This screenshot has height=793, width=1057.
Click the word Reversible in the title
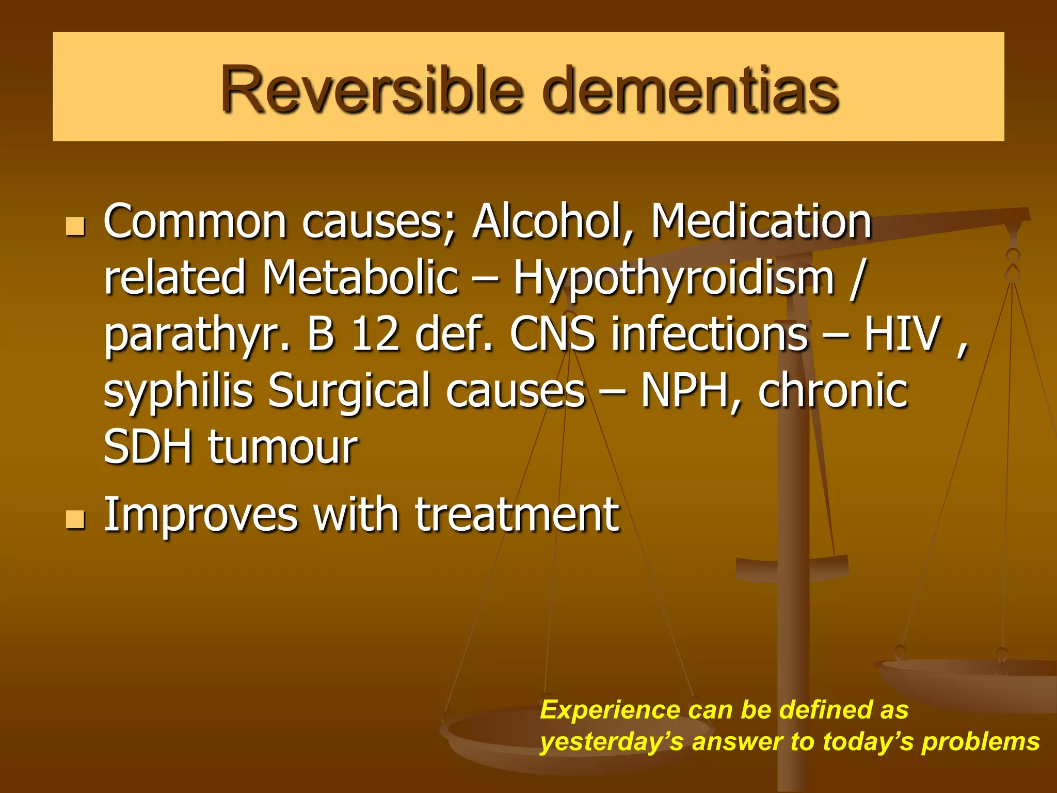[372, 90]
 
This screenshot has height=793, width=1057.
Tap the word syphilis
[179, 391]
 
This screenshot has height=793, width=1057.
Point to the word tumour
[283, 448]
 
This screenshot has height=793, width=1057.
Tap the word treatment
[517, 515]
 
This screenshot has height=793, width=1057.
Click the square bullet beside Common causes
[75, 227]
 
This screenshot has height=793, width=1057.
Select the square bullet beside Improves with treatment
[75, 520]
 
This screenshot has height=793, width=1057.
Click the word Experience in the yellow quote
[610, 710]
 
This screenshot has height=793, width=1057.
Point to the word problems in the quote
[980, 742]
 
